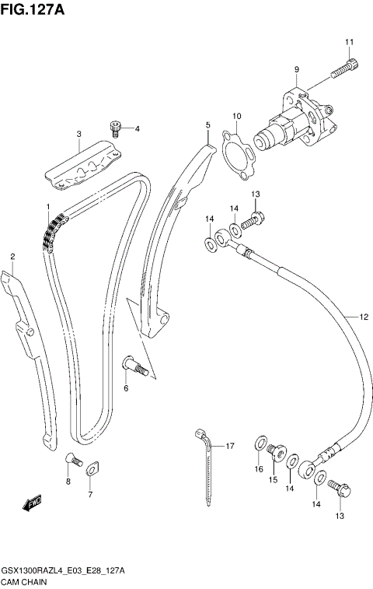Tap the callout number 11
349,42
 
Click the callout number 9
296,70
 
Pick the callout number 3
78,134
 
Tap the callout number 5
207,124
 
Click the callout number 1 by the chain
47,207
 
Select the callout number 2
12,256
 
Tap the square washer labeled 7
90,469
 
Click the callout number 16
259,469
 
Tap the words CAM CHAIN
25,581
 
